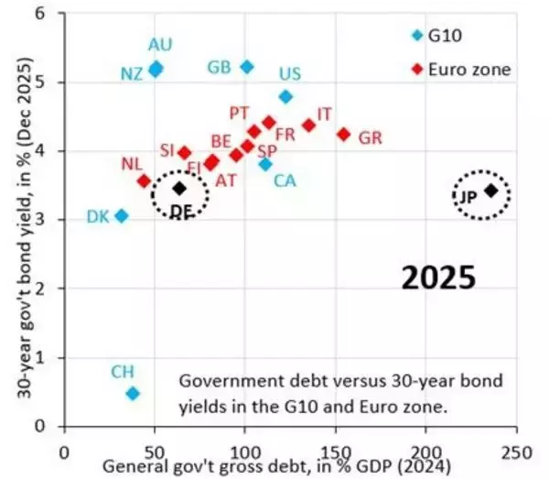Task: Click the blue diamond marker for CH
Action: [133, 393]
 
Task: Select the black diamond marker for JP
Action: [491, 191]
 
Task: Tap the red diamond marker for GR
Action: [344, 134]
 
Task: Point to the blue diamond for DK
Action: [121, 216]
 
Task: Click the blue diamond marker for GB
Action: [246, 67]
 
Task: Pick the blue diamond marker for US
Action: [285, 96]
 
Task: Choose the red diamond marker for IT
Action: [308, 125]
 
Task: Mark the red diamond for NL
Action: [144, 180]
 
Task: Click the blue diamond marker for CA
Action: [265, 164]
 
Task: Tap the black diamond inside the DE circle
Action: [179, 189]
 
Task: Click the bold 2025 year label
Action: [438, 278]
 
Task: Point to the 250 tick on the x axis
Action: [515, 452]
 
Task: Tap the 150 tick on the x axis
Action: [335, 452]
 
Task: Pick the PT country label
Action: [240, 112]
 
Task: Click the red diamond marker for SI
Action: [184, 153]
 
